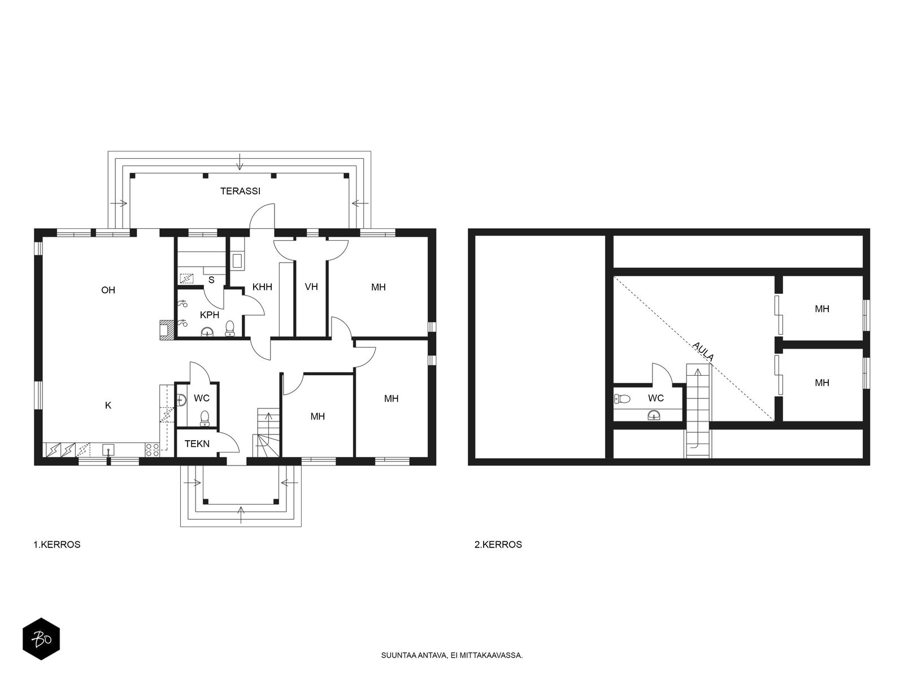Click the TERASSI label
pos(240,191)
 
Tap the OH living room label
pos(108,290)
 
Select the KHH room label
pos(262,287)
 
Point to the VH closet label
pos(311,286)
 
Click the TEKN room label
pos(197,444)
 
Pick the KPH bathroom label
pos(209,315)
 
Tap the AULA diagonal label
pos(703,351)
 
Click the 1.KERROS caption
pos(57,544)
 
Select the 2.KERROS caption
pos(498,544)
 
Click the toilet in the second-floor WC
pos(622,398)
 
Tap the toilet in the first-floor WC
pos(205,418)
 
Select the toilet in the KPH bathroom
pos(230,328)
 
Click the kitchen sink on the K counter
pos(108,449)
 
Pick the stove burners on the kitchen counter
pos(153,450)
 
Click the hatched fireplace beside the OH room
pos(166,331)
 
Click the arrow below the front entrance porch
pos(241,515)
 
